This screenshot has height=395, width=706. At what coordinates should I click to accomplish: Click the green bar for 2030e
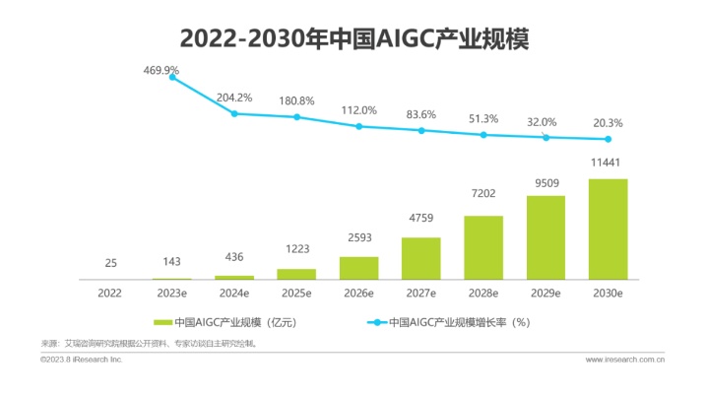pos(609,230)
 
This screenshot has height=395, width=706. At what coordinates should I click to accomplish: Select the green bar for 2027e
pos(421,259)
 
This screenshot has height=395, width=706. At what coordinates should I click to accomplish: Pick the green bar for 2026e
pos(359,268)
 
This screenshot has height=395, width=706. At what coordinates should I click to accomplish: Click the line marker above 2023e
pos(173,77)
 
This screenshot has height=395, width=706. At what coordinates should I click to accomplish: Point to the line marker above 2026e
pos(359,126)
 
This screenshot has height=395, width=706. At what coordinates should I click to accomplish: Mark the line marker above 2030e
pos(609,139)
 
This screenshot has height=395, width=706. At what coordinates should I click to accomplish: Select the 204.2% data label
pos(233,98)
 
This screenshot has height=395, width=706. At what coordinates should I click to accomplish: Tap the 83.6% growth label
pos(420,113)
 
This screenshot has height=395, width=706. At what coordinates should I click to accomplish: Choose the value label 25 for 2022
pos(111,263)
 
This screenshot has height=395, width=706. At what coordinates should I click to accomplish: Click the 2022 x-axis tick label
pos(111,293)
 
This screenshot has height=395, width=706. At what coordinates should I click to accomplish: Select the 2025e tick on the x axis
pos(297,293)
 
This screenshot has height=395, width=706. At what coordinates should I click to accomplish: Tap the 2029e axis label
pos(546,293)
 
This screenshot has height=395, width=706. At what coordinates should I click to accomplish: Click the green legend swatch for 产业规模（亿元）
pos(162,322)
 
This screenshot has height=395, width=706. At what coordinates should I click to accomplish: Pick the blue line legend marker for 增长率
pos(376,322)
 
